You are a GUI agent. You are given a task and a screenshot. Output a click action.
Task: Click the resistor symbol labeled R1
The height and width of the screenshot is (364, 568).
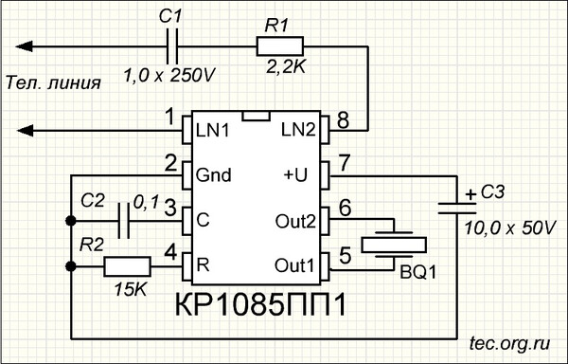[279, 46]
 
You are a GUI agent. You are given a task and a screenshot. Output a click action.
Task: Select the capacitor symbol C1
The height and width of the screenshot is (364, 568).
[172, 46]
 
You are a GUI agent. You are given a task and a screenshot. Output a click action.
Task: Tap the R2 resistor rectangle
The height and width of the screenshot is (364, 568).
[127, 266]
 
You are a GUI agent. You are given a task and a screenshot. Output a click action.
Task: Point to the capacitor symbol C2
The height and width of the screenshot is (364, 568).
[124, 221]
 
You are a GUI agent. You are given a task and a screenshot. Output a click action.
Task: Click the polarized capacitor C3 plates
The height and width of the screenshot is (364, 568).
[457, 209]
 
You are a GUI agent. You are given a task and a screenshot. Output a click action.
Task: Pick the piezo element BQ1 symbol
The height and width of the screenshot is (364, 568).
[394, 245]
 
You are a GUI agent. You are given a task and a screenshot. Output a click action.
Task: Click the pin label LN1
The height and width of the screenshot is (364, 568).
[213, 131]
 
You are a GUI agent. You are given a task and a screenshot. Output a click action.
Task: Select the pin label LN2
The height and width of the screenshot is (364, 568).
[298, 130]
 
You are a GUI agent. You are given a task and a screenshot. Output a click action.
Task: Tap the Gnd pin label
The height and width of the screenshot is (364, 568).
[213, 175]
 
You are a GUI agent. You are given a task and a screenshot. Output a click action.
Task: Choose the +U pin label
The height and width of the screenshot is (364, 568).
[295, 175]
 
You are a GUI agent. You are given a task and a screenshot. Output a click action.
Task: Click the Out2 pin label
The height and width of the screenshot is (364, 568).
[295, 221]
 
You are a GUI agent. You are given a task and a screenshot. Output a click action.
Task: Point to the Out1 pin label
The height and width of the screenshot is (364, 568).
[294, 265]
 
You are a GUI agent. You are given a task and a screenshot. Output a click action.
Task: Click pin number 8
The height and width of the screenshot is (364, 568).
[343, 120]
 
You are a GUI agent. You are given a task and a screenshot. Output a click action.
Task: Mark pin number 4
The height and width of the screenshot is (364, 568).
[170, 252]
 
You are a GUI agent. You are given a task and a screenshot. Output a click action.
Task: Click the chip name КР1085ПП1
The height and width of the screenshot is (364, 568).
[261, 304]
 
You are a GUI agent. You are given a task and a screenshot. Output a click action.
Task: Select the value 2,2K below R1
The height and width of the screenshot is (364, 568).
[286, 67]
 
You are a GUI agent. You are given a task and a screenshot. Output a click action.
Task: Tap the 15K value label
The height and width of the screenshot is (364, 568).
[131, 289]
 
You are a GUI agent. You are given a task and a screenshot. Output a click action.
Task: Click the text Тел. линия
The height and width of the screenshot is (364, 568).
[53, 83]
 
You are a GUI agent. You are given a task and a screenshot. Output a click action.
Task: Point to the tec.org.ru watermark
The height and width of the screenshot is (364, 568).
[509, 343]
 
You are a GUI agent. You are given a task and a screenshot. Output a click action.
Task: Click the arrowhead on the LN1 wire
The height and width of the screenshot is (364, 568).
[25, 131]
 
